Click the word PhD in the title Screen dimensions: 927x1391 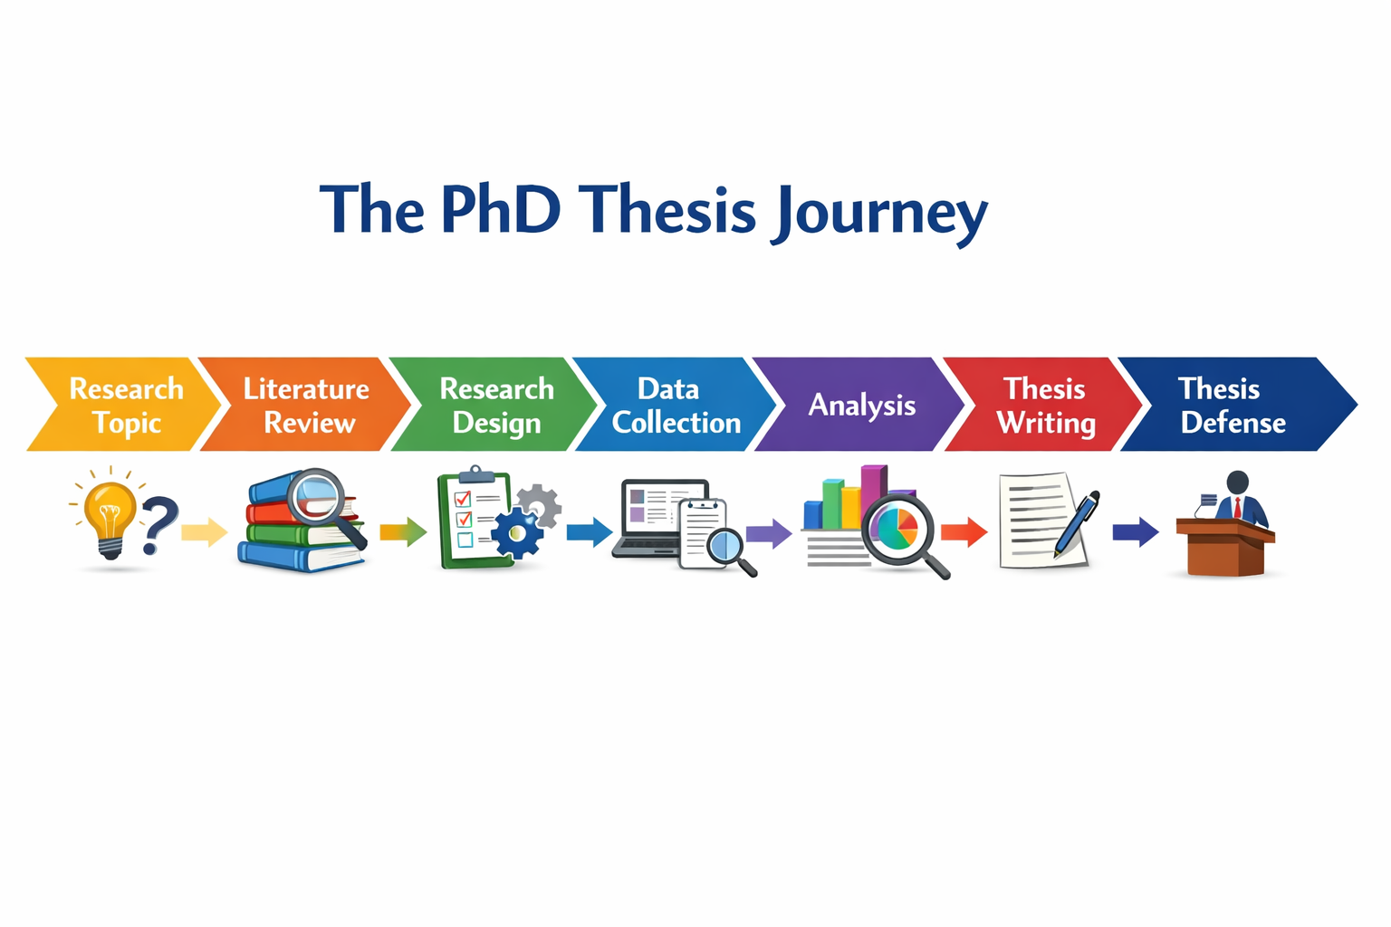(500, 210)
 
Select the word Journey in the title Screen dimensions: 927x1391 (880, 214)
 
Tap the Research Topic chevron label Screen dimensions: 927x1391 (126, 406)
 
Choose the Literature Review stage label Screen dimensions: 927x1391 (307, 406)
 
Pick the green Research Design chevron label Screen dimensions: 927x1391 (496, 406)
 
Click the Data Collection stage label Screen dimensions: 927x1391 (675, 406)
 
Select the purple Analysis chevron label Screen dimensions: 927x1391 (861, 406)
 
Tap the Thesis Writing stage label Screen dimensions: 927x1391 (1046, 406)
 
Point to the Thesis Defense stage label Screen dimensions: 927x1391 (1232, 406)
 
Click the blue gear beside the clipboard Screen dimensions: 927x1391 (516, 532)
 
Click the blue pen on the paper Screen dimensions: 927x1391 (1078, 523)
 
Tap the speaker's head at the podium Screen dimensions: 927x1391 (1237, 483)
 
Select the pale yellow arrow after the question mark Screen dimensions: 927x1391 (204, 531)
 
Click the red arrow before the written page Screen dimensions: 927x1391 (964, 531)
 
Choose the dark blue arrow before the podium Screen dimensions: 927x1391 (1135, 531)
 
